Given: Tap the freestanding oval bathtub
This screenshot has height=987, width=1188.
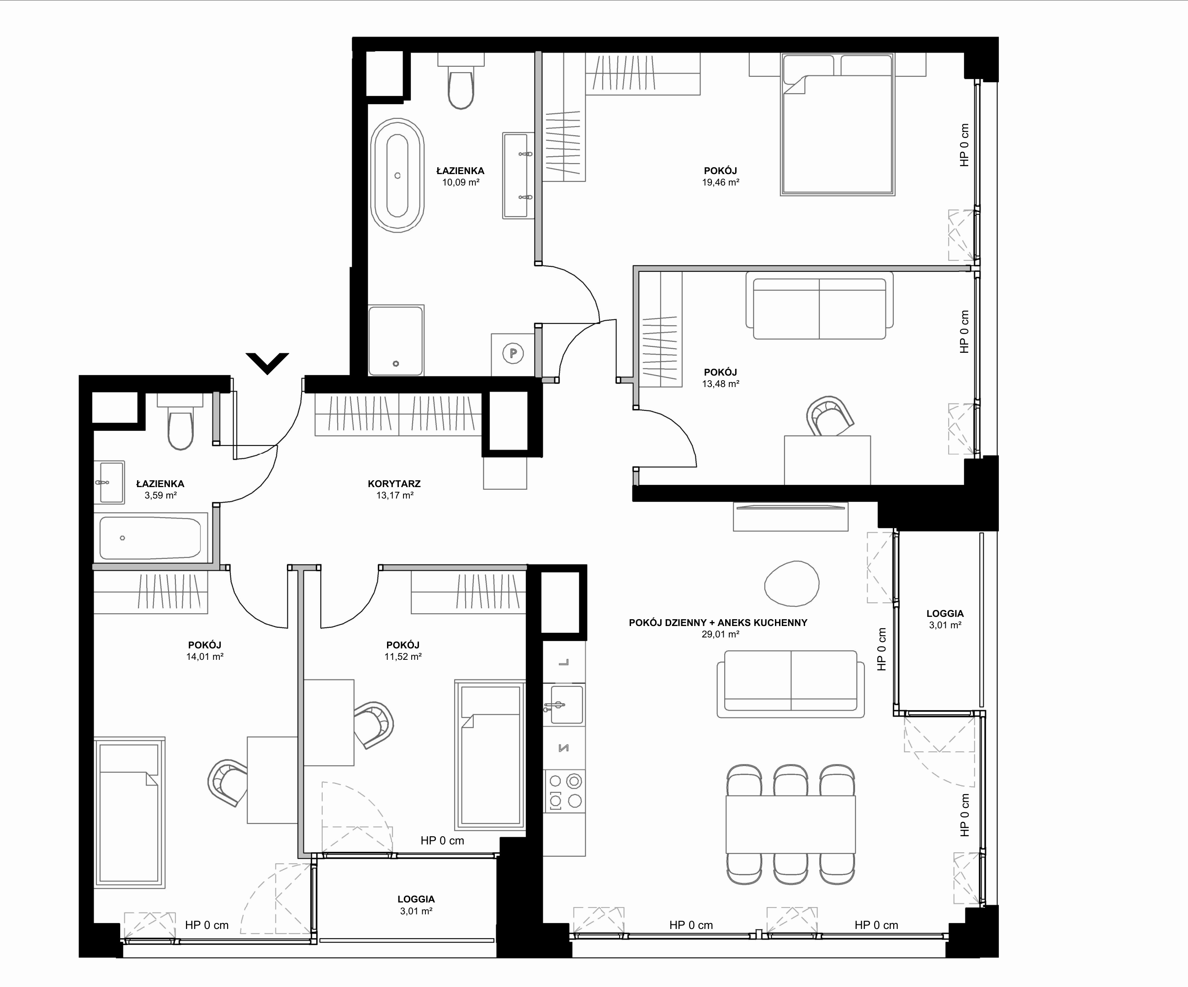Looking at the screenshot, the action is click(397, 175).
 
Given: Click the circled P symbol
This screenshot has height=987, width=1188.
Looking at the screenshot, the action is click(513, 354).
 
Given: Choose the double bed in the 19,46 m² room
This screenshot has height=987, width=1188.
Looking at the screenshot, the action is click(837, 124).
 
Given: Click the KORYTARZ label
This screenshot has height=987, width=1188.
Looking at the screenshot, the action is click(394, 483).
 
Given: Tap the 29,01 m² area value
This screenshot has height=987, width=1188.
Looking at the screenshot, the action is click(721, 634).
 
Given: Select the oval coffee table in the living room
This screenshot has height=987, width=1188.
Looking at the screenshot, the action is click(791, 584).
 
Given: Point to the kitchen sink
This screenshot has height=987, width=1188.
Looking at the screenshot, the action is click(564, 705).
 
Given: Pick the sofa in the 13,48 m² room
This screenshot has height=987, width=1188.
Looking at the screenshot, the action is click(819, 305).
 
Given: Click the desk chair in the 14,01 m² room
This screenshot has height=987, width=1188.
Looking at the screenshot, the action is click(228, 782).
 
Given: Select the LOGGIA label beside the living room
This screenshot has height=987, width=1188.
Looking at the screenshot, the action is click(945, 614).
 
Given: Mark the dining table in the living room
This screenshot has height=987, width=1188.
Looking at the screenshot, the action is click(790, 824).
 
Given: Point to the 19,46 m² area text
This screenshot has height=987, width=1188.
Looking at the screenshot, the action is click(721, 182).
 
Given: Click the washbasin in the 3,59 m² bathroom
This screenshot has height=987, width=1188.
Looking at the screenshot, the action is click(111, 482).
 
